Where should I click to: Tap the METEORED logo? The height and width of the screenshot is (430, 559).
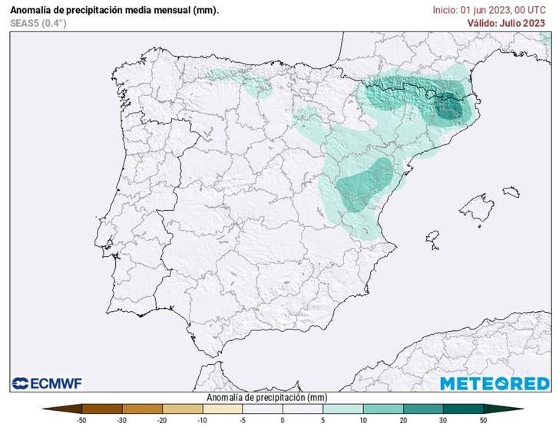(x=494, y=382)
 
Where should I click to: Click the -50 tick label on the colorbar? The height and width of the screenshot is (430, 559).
(x=81, y=421)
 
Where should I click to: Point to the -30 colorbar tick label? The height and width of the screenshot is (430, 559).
(x=121, y=421)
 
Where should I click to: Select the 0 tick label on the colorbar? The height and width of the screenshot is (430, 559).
(x=283, y=421)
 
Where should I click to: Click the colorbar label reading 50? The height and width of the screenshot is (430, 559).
(x=484, y=421)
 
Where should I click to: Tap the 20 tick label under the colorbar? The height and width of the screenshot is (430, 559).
(x=403, y=421)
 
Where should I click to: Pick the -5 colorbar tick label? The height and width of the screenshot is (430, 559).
(x=242, y=421)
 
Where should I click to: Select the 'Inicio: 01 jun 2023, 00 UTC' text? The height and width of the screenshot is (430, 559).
(x=489, y=10)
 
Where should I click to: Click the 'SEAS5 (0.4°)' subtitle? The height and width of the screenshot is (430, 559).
(x=38, y=24)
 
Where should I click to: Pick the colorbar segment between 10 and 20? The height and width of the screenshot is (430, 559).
(x=382, y=409)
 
